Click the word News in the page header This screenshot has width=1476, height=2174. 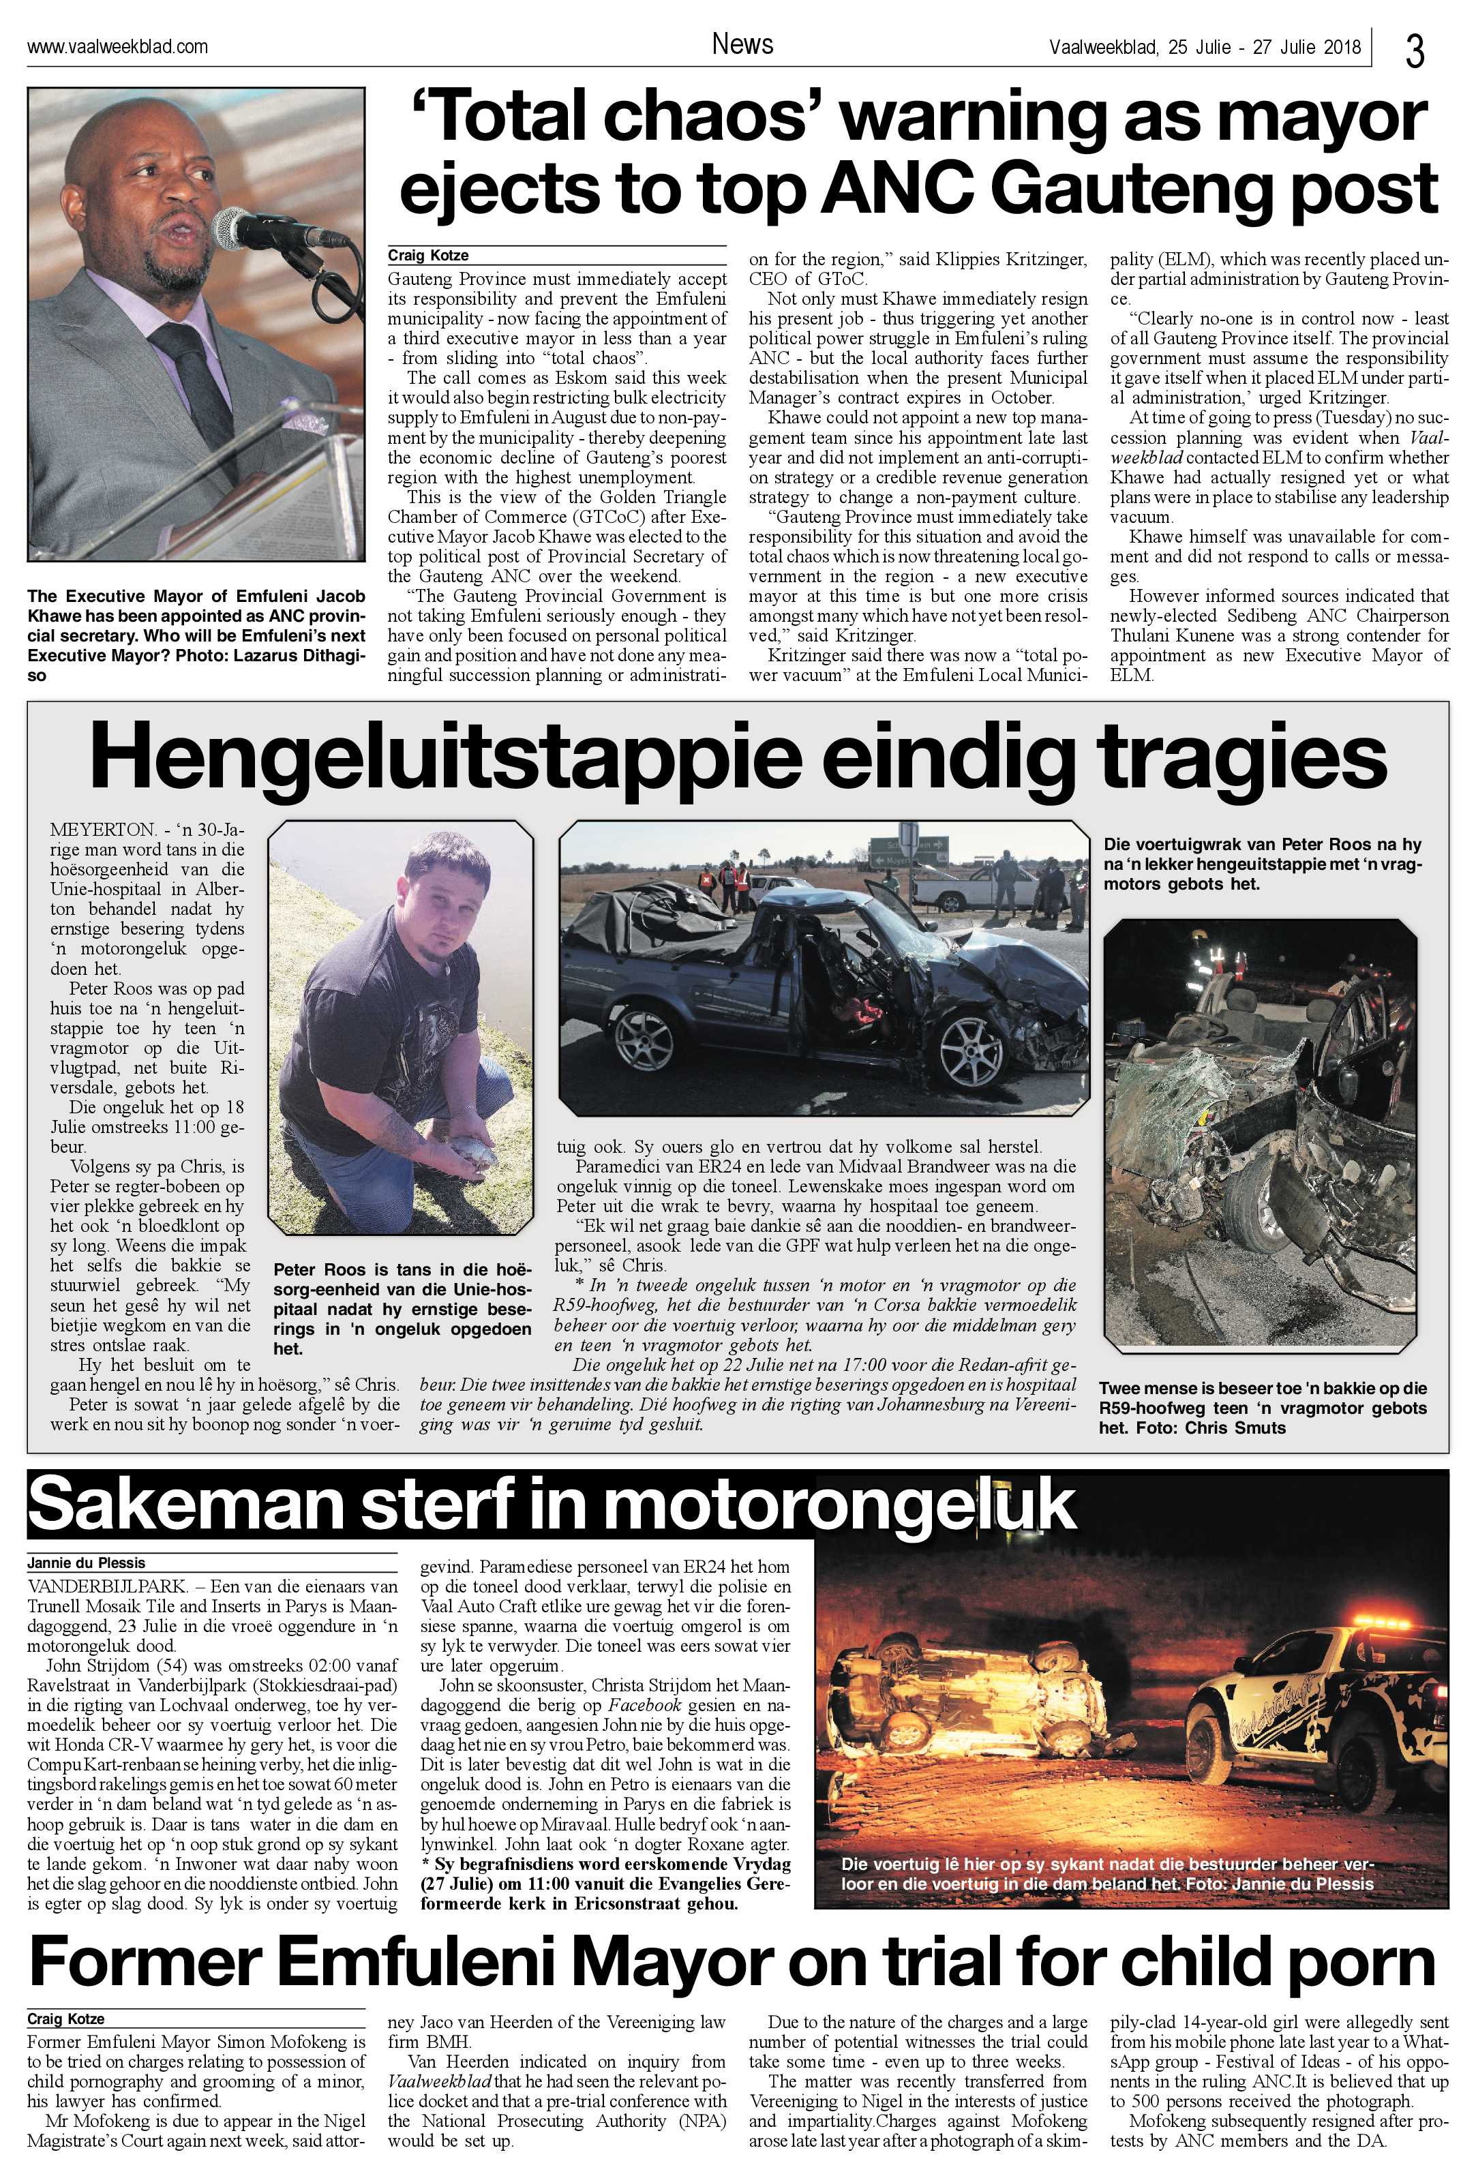coord(742,44)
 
